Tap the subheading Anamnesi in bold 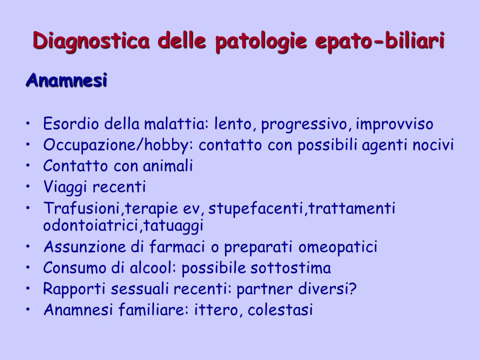pyautogui.click(x=66, y=80)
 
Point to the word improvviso pyautogui.click(x=394, y=124)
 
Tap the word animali pyautogui.click(x=168, y=166)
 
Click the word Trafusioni pyautogui.click(x=81, y=208)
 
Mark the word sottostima pyautogui.click(x=291, y=267)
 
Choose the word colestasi pyautogui.click(x=280, y=309)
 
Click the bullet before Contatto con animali pyautogui.click(x=28, y=165)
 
